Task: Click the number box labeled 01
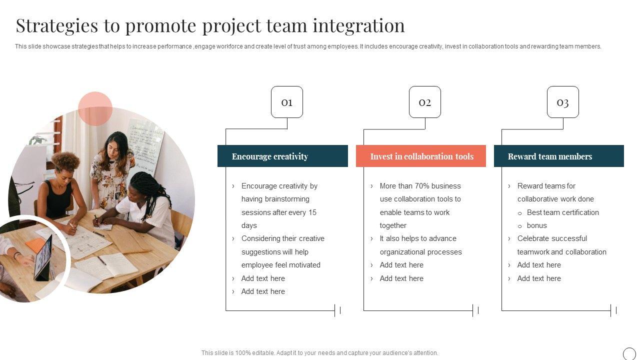286,102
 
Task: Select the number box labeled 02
424,102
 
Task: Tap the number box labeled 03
562,102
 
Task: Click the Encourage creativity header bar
282,156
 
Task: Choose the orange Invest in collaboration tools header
420,156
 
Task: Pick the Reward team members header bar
558,156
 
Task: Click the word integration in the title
359,25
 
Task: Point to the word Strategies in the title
56,25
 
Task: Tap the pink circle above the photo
95,108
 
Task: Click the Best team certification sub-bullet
562,212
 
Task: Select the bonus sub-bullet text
536,225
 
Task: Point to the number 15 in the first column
312,212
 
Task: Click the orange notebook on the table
36,245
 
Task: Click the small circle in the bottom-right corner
629,353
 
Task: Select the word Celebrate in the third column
533,238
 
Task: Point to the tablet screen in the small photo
44,257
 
